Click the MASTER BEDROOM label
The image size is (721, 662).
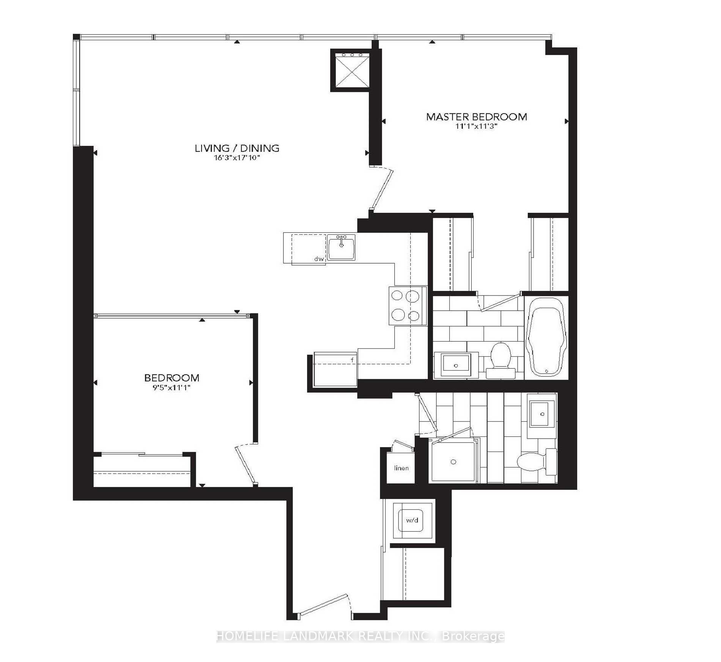(x=476, y=117)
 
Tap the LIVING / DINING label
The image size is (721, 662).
(x=237, y=148)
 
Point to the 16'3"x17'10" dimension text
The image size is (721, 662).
(x=237, y=158)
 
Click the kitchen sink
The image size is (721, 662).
(x=341, y=247)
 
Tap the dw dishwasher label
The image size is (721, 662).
(x=319, y=259)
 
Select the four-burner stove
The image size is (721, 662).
(x=405, y=305)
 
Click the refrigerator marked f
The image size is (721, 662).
(x=335, y=370)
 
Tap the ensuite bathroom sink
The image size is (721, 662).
(x=456, y=365)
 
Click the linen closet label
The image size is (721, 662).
(x=401, y=468)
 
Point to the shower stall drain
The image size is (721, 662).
(x=453, y=462)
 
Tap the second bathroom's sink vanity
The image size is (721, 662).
(x=542, y=414)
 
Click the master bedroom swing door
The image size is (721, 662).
(x=383, y=189)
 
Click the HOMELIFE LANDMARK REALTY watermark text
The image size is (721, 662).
(x=360, y=636)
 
